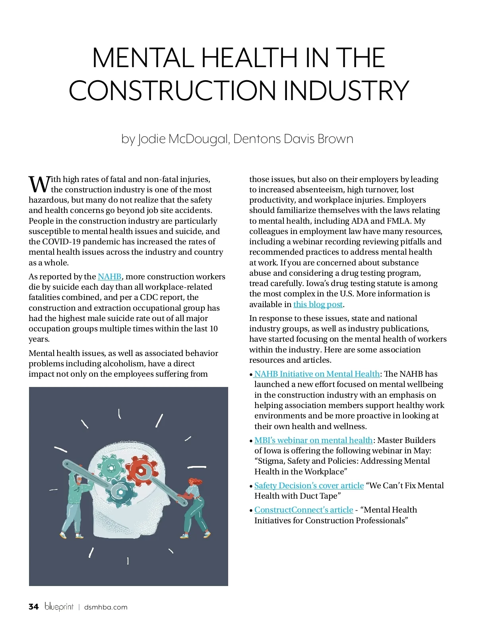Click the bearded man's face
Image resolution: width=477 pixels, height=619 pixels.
(80, 480)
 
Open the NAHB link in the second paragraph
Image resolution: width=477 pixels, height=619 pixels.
(110, 277)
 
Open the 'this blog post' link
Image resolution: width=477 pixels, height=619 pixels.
(318, 304)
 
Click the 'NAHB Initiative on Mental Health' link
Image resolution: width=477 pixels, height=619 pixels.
(317, 374)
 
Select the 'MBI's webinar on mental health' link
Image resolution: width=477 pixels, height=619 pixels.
(314, 440)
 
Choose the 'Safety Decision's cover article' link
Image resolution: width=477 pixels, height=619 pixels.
(309, 486)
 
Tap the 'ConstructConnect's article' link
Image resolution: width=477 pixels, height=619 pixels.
(304, 510)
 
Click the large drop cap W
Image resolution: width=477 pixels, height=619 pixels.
(39, 184)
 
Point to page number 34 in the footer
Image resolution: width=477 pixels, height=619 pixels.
(34, 607)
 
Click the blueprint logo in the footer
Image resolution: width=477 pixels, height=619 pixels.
(59, 607)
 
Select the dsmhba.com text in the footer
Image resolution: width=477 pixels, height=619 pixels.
(106, 607)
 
